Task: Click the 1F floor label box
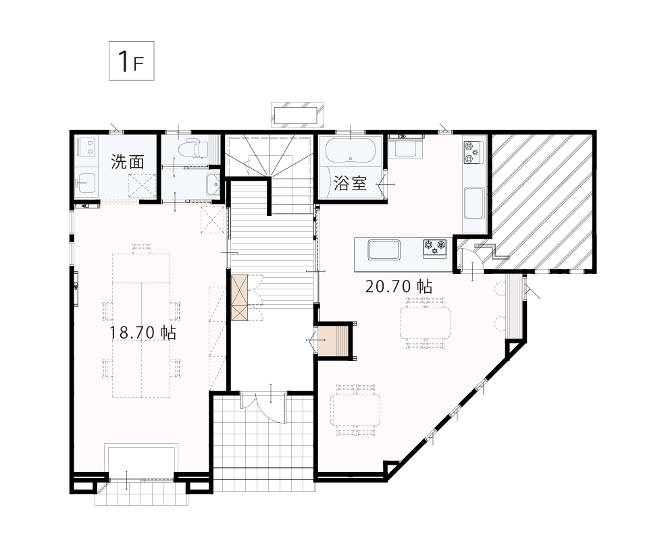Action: [x=131, y=61]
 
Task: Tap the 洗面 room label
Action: [x=128, y=162]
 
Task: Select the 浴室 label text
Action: [x=350, y=183]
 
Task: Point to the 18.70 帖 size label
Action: [x=143, y=333]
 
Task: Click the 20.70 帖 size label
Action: [x=399, y=287]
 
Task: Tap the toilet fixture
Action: [x=193, y=149]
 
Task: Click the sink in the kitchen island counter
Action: [x=384, y=250]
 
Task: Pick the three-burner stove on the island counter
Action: [x=434, y=248]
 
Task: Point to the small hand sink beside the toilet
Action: [x=213, y=184]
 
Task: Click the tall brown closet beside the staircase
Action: [x=239, y=297]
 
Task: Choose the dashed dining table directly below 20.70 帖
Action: [x=425, y=322]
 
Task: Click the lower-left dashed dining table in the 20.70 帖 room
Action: [x=356, y=409]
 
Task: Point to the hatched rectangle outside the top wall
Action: [x=297, y=115]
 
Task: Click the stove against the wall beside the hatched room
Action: [x=473, y=152]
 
